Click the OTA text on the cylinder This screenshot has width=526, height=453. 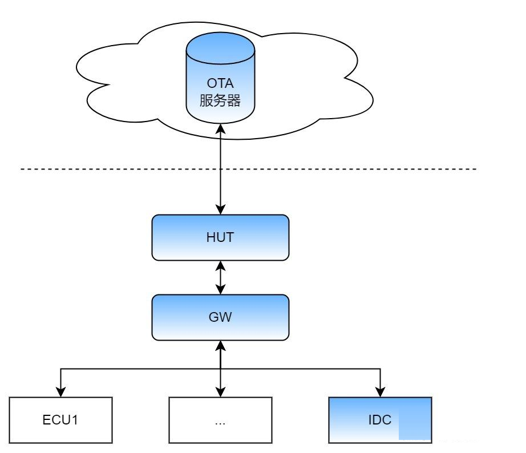point(220,83)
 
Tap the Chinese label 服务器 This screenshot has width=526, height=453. point(220,100)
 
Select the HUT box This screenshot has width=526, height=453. point(220,237)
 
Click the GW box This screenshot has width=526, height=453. point(220,317)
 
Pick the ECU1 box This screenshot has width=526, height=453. point(60,420)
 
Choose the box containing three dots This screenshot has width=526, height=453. point(220,420)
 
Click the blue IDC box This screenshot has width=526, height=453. point(380,420)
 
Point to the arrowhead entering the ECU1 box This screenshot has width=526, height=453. point(60,392)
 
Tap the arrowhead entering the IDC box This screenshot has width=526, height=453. point(380,392)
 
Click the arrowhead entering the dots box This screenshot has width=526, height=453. point(220,392)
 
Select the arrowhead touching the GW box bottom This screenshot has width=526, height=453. point(220,346)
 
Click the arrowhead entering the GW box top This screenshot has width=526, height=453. point(220,289)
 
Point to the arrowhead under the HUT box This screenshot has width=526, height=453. point(220,266)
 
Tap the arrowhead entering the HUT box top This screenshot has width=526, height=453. point(220,209)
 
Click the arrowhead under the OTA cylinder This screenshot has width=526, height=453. point(220,129)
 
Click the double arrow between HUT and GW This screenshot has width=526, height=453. point(220,278)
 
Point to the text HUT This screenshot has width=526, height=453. point(220,237)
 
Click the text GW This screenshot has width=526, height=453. point(220,317)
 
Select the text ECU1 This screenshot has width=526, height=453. point(60,420)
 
